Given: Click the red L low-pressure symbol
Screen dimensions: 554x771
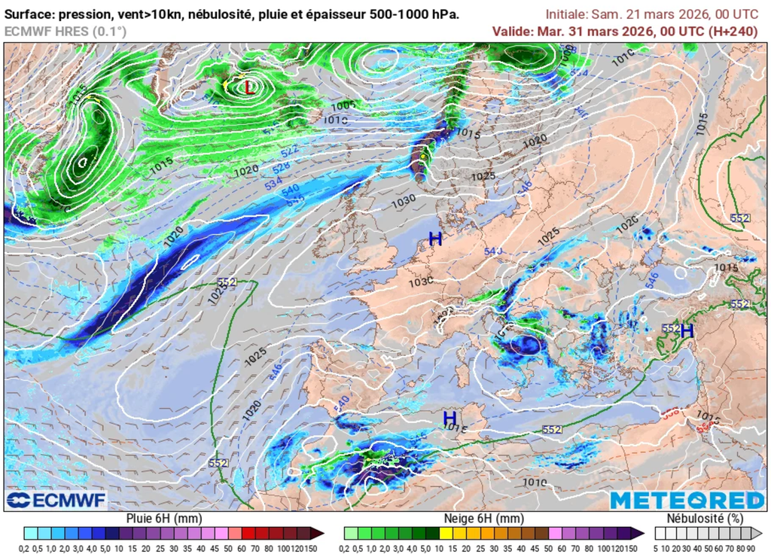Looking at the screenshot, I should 249,88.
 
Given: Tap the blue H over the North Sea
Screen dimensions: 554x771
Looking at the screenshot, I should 435,239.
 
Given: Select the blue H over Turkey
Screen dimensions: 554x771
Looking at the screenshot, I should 687,330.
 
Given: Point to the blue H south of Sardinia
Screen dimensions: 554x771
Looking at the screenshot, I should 449,418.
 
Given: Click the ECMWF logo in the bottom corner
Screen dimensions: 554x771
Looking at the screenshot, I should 56,500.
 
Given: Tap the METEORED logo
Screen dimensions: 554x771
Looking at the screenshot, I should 687,500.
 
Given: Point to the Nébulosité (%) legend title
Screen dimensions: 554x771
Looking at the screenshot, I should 705,519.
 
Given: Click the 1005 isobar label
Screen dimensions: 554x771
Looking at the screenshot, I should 343,106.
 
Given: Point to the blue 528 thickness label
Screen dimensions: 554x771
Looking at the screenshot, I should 281,166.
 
